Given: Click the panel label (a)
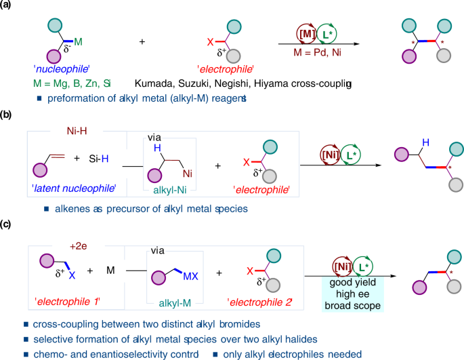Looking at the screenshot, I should pyautogui.click(x=9, y=6).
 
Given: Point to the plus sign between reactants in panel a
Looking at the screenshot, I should pyautogui.click(x=143, y=42).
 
